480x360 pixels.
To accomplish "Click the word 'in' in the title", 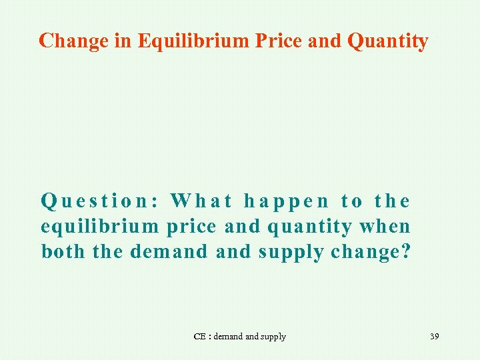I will point(123,41).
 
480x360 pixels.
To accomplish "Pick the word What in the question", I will point(201,201).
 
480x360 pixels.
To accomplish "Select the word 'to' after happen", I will point(352,201).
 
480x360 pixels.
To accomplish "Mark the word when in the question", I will point(385,227).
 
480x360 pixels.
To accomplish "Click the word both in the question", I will point(63,253).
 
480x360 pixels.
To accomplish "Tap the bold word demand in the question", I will point(169,253).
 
